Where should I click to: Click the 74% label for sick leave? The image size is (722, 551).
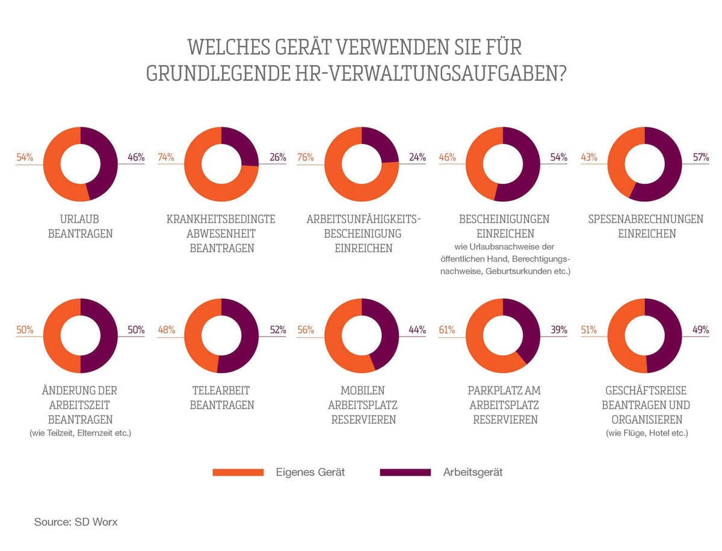pyautogui.click(x=166, y=158)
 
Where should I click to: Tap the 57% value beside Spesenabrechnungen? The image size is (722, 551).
pyautogui.click(x=700, y=158)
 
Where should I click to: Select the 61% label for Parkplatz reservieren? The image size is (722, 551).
pyautogui.click(x=447, y=330)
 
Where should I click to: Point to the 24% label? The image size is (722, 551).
pyautogui.click(x=418, y=158)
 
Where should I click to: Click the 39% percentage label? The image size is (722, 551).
pyautogui.click(x=558, y=330)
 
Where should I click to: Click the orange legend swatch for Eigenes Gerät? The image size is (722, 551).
pyautogui.click(x=238, y=472)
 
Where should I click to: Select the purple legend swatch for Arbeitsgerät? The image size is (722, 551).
pyautogui.click(x=406, y=472)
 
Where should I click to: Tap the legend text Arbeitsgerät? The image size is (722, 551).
pyautogui.click(x=472, y=472)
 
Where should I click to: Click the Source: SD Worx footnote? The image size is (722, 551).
pyautogui.click(x=76, y=522)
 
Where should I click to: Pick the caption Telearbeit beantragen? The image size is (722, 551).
pyautogui.click(x=221, y=397)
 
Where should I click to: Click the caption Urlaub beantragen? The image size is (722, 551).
pyautogui.click(x=80, y=226)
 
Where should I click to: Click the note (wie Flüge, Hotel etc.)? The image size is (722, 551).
pyautogui.click(x=646, y=433)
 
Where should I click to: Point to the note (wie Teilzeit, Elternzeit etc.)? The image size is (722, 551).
pyautogui.click(x=80, y=433)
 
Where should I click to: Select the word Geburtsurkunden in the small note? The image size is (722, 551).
pyautogui.click(x=517, y=272)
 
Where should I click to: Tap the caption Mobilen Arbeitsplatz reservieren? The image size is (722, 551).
pyautogui.click(x=363, y=405)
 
